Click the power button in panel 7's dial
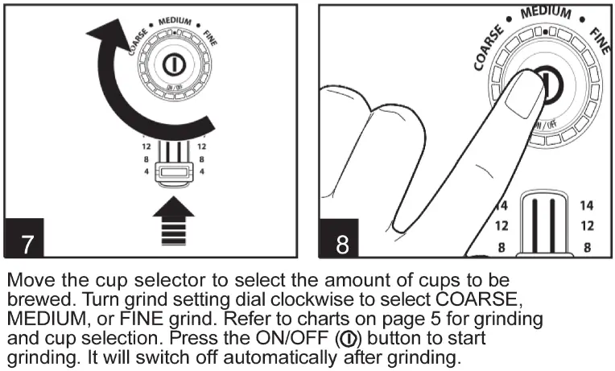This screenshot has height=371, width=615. (172, 65)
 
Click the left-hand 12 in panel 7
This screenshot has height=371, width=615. (146, 147)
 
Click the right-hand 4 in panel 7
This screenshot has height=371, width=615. (201, 171)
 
